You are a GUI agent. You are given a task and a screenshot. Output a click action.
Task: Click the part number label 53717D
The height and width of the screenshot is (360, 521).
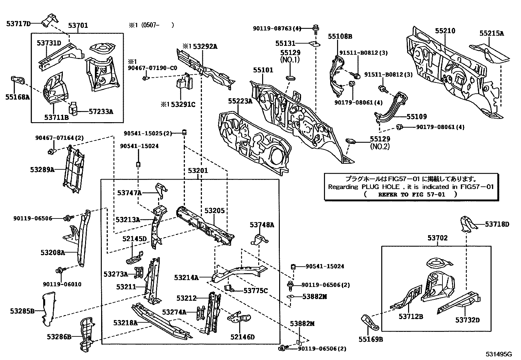(18, 24)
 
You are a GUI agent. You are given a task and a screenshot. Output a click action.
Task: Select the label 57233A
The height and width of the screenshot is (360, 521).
(101, 111)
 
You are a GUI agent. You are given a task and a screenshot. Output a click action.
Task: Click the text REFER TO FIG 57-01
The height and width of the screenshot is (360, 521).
(411, 194)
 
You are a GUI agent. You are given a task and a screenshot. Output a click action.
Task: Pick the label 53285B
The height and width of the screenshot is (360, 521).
(22, 311)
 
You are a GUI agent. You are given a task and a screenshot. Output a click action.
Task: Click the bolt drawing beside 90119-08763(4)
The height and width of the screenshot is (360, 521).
(316, 29)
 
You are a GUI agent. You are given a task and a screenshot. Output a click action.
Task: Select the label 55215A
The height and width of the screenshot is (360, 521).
(492, 33)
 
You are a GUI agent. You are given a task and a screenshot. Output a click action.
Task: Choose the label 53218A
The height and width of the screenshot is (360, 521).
(125, 323)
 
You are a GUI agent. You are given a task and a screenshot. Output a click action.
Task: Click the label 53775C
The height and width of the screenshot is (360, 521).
(255, 291)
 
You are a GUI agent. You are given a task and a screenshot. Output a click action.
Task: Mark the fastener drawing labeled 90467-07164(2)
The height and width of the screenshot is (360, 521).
(51, 151)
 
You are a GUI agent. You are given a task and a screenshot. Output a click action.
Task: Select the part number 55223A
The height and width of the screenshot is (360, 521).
(240, 101)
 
